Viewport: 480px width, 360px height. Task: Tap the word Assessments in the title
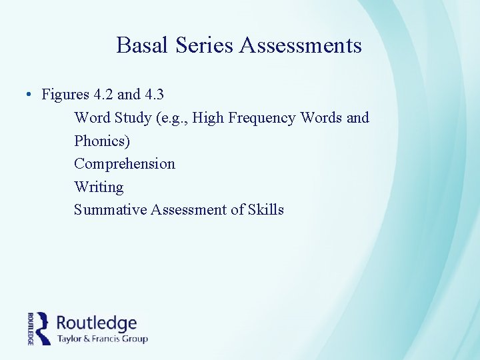point(301,45)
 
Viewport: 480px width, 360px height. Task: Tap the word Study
point(133,118)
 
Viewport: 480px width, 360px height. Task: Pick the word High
point(208,118)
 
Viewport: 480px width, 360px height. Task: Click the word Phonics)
point(102,141)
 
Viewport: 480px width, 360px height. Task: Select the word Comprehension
point(125,164)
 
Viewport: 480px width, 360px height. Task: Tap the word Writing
point(99,187)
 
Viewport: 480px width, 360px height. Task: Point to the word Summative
point(110,210)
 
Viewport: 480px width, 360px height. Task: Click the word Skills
point(266,210)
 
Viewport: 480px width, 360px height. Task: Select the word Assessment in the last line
point(189,210)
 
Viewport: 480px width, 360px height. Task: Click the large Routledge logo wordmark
point(97,323)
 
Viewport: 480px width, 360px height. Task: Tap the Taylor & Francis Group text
point(102,339)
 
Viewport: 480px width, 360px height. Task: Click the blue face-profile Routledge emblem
point(43,328)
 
